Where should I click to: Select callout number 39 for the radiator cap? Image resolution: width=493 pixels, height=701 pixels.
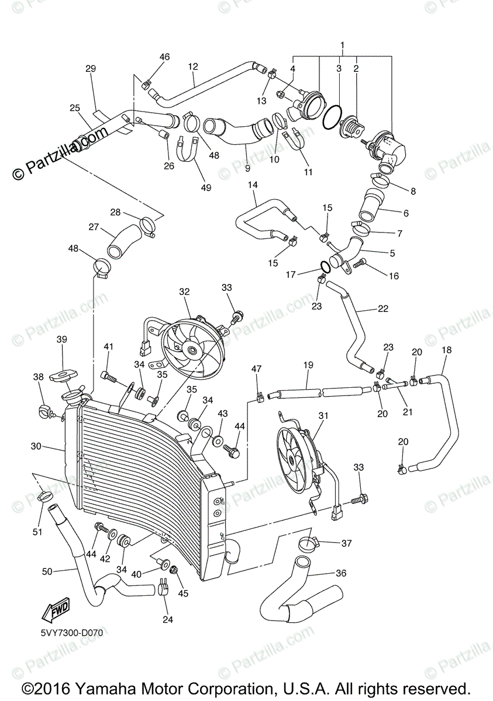pyautogui.click(x=62, y=339)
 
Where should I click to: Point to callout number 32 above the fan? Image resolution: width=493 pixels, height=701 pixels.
pyautogui.click(x=185, y=291)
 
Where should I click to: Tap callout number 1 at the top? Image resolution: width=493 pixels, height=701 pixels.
pyautogui.click(x=343, y=45)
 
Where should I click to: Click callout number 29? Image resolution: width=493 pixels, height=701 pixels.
pyautogui.click(x=90, y=69)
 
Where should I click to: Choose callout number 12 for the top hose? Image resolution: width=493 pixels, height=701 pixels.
pyautogui.click(x=193, y=67)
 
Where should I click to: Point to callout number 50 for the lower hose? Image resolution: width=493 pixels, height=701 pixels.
pyautogui.click(x=47, y=571)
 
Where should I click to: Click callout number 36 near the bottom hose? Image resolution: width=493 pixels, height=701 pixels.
pyautogui.click(x=341, y=573)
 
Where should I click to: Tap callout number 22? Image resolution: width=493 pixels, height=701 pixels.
pyautogui.click(x=383, y=308)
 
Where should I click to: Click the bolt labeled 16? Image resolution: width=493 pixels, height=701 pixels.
pyautogui.click(x=358, y=265)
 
